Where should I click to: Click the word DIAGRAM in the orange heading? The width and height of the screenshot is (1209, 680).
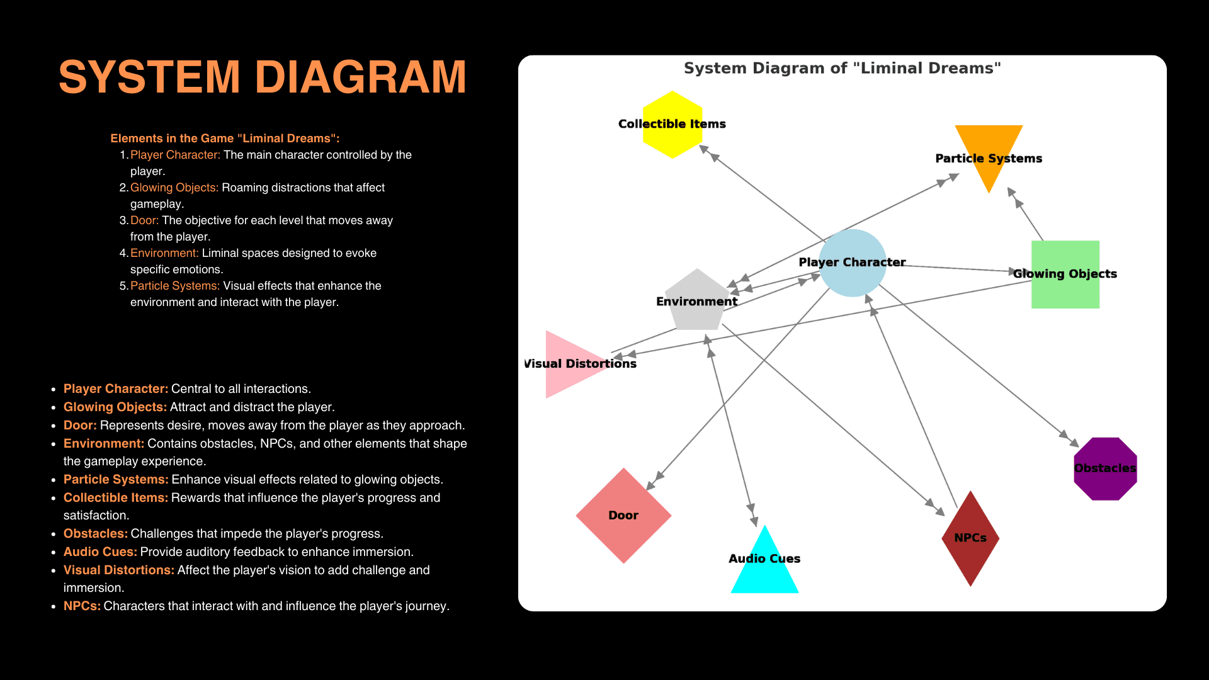point(361,77)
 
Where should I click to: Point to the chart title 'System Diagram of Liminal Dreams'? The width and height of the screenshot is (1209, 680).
point(842,68)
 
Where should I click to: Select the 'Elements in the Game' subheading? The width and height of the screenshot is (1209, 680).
point(225,139)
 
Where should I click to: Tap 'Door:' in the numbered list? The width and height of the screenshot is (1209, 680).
point(144,220)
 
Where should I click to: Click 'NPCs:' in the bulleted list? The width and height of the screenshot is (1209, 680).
point(82,606)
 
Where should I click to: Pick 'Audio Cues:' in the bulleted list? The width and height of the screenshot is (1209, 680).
point(100,552)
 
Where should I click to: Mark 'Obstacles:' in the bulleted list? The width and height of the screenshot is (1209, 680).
point(95,534)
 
